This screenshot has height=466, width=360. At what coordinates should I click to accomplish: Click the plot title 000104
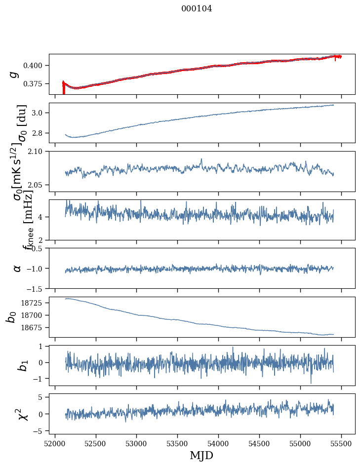tap(197, 8)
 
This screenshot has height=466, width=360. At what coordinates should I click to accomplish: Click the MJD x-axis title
tap(201, 455)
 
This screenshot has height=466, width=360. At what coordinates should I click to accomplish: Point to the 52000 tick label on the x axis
tap(55, 443)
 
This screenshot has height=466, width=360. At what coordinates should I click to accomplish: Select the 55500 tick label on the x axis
tap(341, 443)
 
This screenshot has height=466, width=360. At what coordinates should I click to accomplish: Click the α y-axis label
tap(17, 268)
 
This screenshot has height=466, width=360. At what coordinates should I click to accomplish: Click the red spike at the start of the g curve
tap(64, 89)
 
